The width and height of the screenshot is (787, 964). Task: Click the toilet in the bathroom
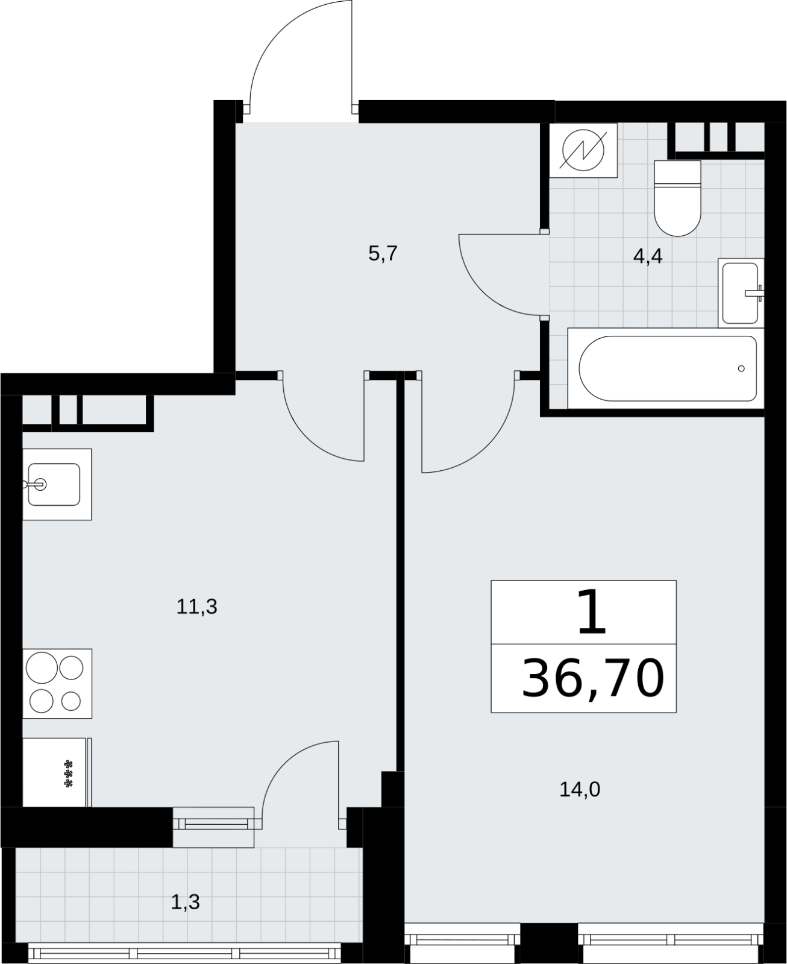pos(677,198)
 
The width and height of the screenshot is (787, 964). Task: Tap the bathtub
pos(665,368)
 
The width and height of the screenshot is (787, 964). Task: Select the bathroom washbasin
pos(741,293)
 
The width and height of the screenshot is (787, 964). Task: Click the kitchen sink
pos(57,484)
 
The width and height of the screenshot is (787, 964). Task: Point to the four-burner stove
pos(57,683)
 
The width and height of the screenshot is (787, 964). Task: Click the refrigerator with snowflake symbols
pos(57,773)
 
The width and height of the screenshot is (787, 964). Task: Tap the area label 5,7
pos(383,254)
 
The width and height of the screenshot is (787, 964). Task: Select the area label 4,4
pos(648,257)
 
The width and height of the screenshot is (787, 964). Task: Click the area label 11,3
pos(196,606)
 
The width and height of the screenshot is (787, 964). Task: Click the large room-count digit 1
pos(592,611)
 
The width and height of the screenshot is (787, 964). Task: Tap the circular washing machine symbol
pos(583,150)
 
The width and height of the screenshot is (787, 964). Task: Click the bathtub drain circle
pos(741,368)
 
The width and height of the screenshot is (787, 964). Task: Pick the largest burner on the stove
pos(42,667)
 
